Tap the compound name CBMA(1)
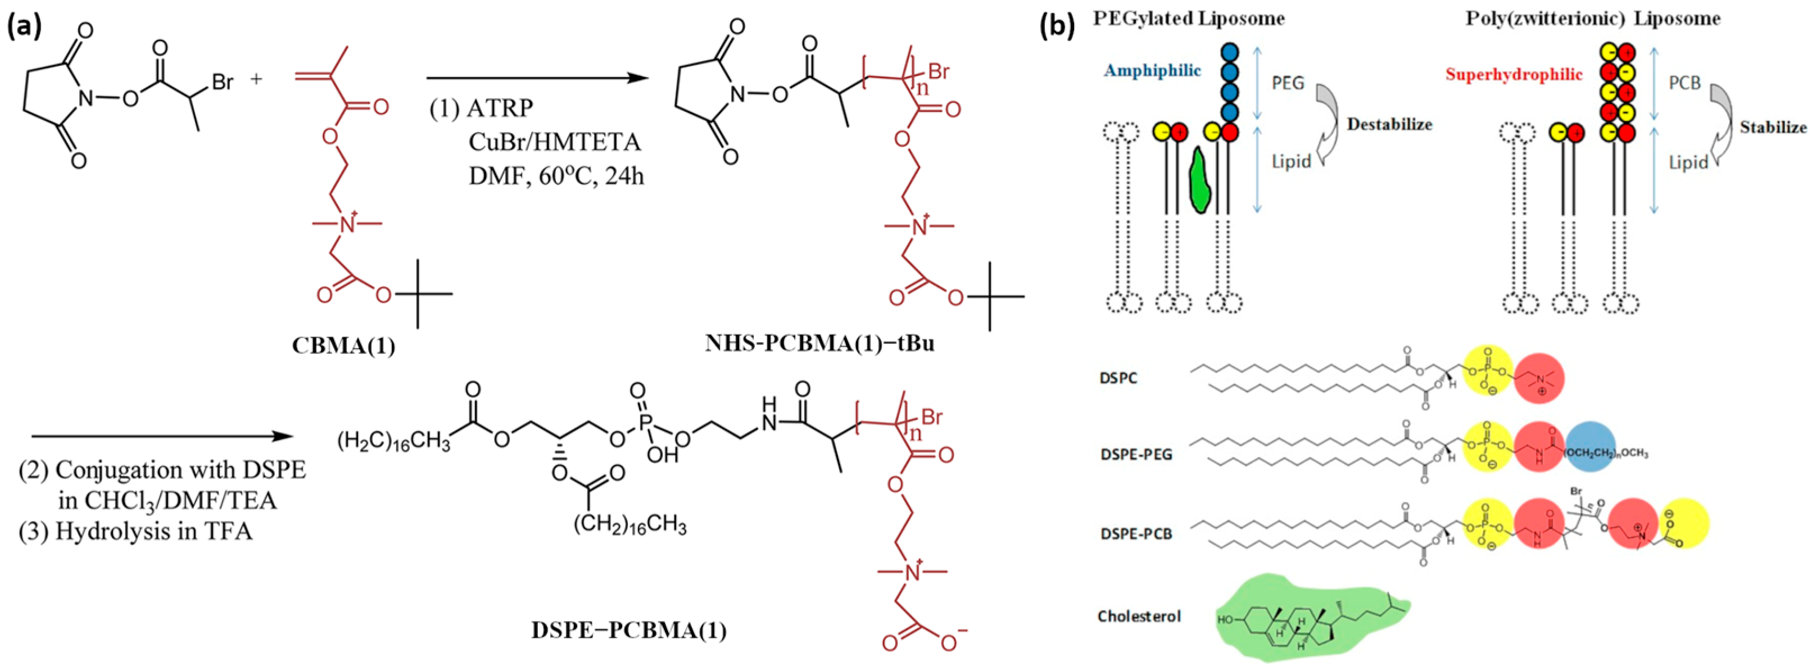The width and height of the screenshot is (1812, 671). point(344,346)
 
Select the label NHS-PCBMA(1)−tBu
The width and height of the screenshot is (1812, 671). point(819,343)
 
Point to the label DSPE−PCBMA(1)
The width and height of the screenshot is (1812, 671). point(629,629)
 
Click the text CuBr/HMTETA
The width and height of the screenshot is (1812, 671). point(555,142)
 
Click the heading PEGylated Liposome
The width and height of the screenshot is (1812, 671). point(1188,19)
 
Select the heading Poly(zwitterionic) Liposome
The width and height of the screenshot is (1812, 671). point(1593,19)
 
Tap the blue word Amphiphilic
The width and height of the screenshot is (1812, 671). point(1152,70)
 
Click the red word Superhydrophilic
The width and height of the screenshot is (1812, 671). point(1514,75)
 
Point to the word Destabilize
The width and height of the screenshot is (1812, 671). point(1389,125)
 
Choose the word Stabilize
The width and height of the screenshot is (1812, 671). point(1773,128)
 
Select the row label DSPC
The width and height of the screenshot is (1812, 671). point(1118,378)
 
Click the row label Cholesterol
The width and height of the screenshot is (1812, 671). point(1139,616)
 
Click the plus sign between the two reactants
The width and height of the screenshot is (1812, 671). point(256,79)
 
